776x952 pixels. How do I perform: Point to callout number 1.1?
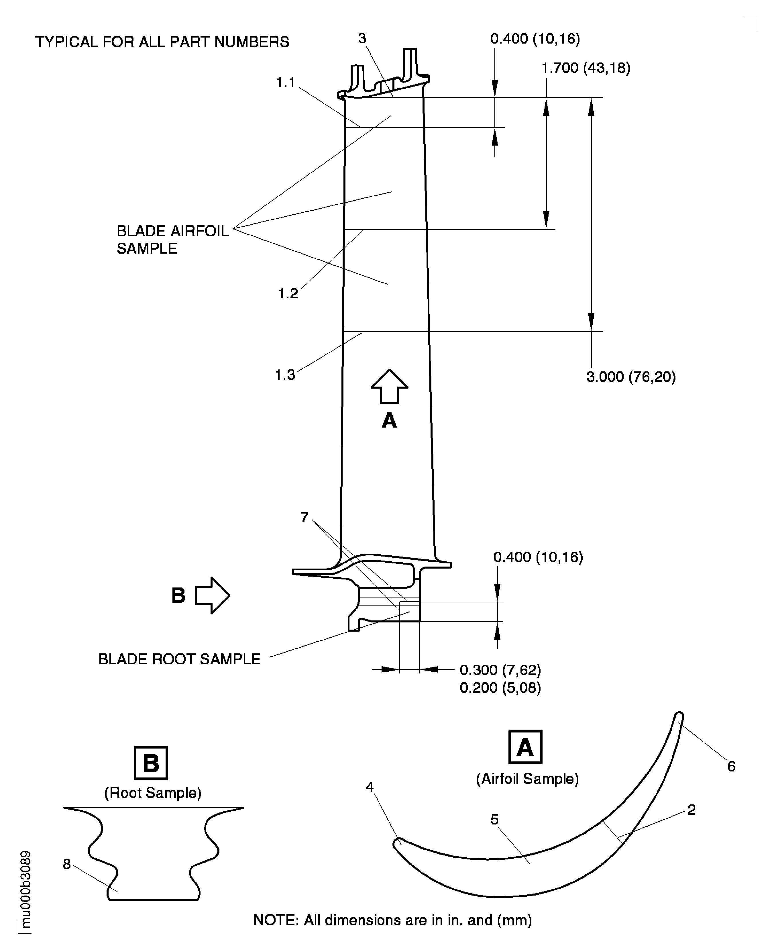pos(285,83)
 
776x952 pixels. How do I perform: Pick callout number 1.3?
pos(285,375)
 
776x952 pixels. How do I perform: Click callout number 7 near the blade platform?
pos(304,517)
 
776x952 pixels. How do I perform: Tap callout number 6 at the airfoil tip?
pos(731,766)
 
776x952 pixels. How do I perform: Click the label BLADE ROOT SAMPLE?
pos(179,659)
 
